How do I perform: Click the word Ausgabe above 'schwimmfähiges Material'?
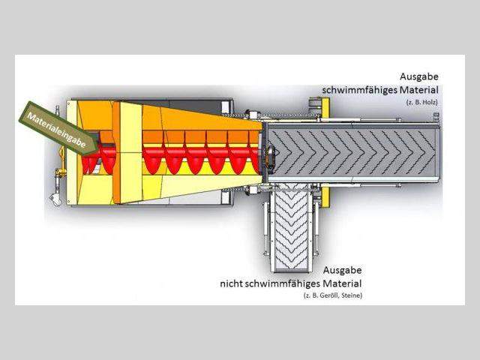click(419, 76)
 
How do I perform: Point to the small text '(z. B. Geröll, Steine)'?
click(327, 297)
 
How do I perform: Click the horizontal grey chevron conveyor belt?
click(352, 154)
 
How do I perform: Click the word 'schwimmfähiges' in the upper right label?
click(358, 89)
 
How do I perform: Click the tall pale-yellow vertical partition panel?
click(127, 154)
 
